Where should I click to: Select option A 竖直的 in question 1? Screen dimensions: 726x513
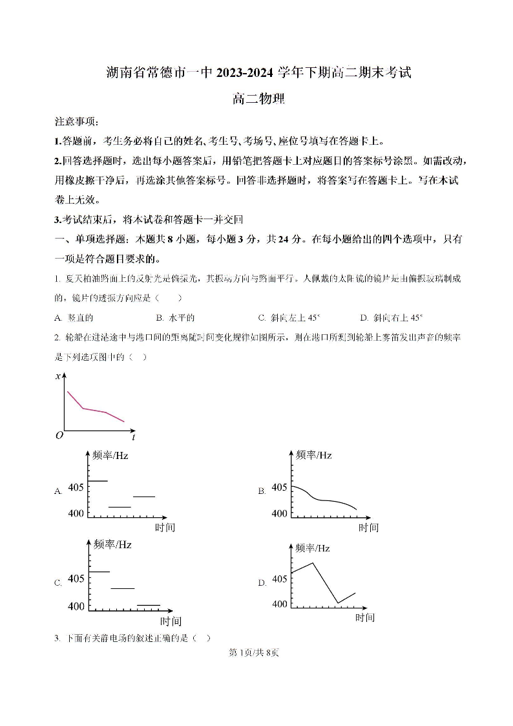[x=74, y=317]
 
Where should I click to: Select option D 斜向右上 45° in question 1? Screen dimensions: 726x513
[x=392, y=317]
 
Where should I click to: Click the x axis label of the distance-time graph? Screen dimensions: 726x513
[x=58, y=376]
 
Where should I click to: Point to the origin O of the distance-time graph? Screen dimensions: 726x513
[x=59, y=436]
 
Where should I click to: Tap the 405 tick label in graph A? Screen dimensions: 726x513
[x=76, y=487]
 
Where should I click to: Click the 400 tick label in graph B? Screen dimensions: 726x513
[x=279, y=513]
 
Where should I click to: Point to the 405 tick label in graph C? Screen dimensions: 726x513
[x=76, y=578]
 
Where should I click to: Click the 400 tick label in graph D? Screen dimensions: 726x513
[x=279, y=604]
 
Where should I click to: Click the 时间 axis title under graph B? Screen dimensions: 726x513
[x=368, y=528]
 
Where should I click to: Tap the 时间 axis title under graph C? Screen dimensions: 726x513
[x=171, y=621]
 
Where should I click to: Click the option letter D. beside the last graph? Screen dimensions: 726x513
[x=262, y=582]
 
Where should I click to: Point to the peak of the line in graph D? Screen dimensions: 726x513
[x=313, y=562]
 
